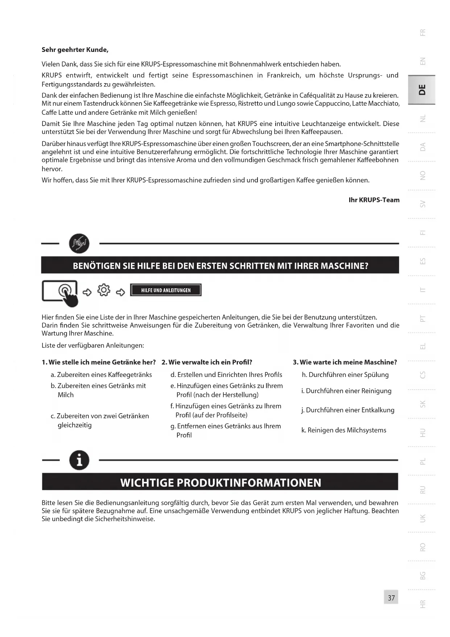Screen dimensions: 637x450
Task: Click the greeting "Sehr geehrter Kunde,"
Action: pyautogui.click(x=75, y=50)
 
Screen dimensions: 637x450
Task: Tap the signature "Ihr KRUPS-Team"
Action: pyautogui.click(x=374, y=200)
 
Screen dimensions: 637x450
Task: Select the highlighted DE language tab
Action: pyautogui.click(x=422, y=90)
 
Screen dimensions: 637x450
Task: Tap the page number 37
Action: pyautogui.click(x=391, y=598)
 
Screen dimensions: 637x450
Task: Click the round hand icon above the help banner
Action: pyautogui.click(x=79, y=243)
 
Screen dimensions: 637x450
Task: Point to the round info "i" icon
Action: pyautogui.click(x=79, y=460)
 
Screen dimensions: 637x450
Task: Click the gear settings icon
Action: pyautogui.click(x=104, y=291)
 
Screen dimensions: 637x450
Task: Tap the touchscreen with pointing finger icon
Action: pyautogui.click(x=61, y=292)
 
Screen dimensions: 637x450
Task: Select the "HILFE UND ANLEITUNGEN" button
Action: pyautogui.click(x=166, y=291)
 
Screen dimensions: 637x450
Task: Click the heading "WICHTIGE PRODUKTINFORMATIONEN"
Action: pyautogui.click(x=220, y=483)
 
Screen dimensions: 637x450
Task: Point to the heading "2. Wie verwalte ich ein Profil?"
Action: pyautogui.click(x=207, y=362)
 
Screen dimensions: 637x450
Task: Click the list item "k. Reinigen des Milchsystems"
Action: pyautogui.click(x=344, y=430)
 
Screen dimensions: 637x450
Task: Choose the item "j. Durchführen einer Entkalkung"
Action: pyautogui.click(x=348, y=410)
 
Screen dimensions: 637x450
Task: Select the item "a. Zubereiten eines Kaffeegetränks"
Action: pyautogui.click(x=101, y=375)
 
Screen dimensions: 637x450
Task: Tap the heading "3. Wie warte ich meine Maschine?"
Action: pyautogui.click(x=345, y=362)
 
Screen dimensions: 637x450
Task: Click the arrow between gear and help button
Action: pyautogui.click(x=120, y=292)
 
